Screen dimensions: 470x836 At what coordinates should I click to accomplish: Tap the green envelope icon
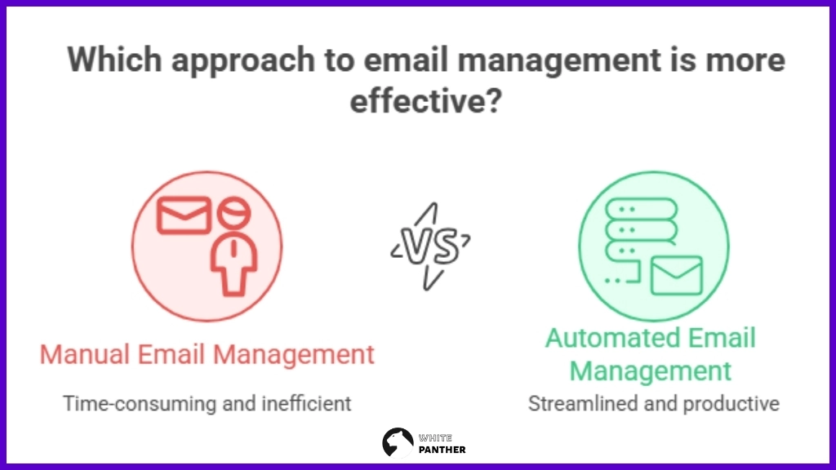(x=676, y=276)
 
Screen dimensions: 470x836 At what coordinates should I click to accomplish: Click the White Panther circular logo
(x=398, y=441)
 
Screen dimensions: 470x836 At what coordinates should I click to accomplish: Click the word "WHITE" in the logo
(x=436, y=437)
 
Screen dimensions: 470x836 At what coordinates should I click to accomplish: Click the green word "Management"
(x=651, y=371)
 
